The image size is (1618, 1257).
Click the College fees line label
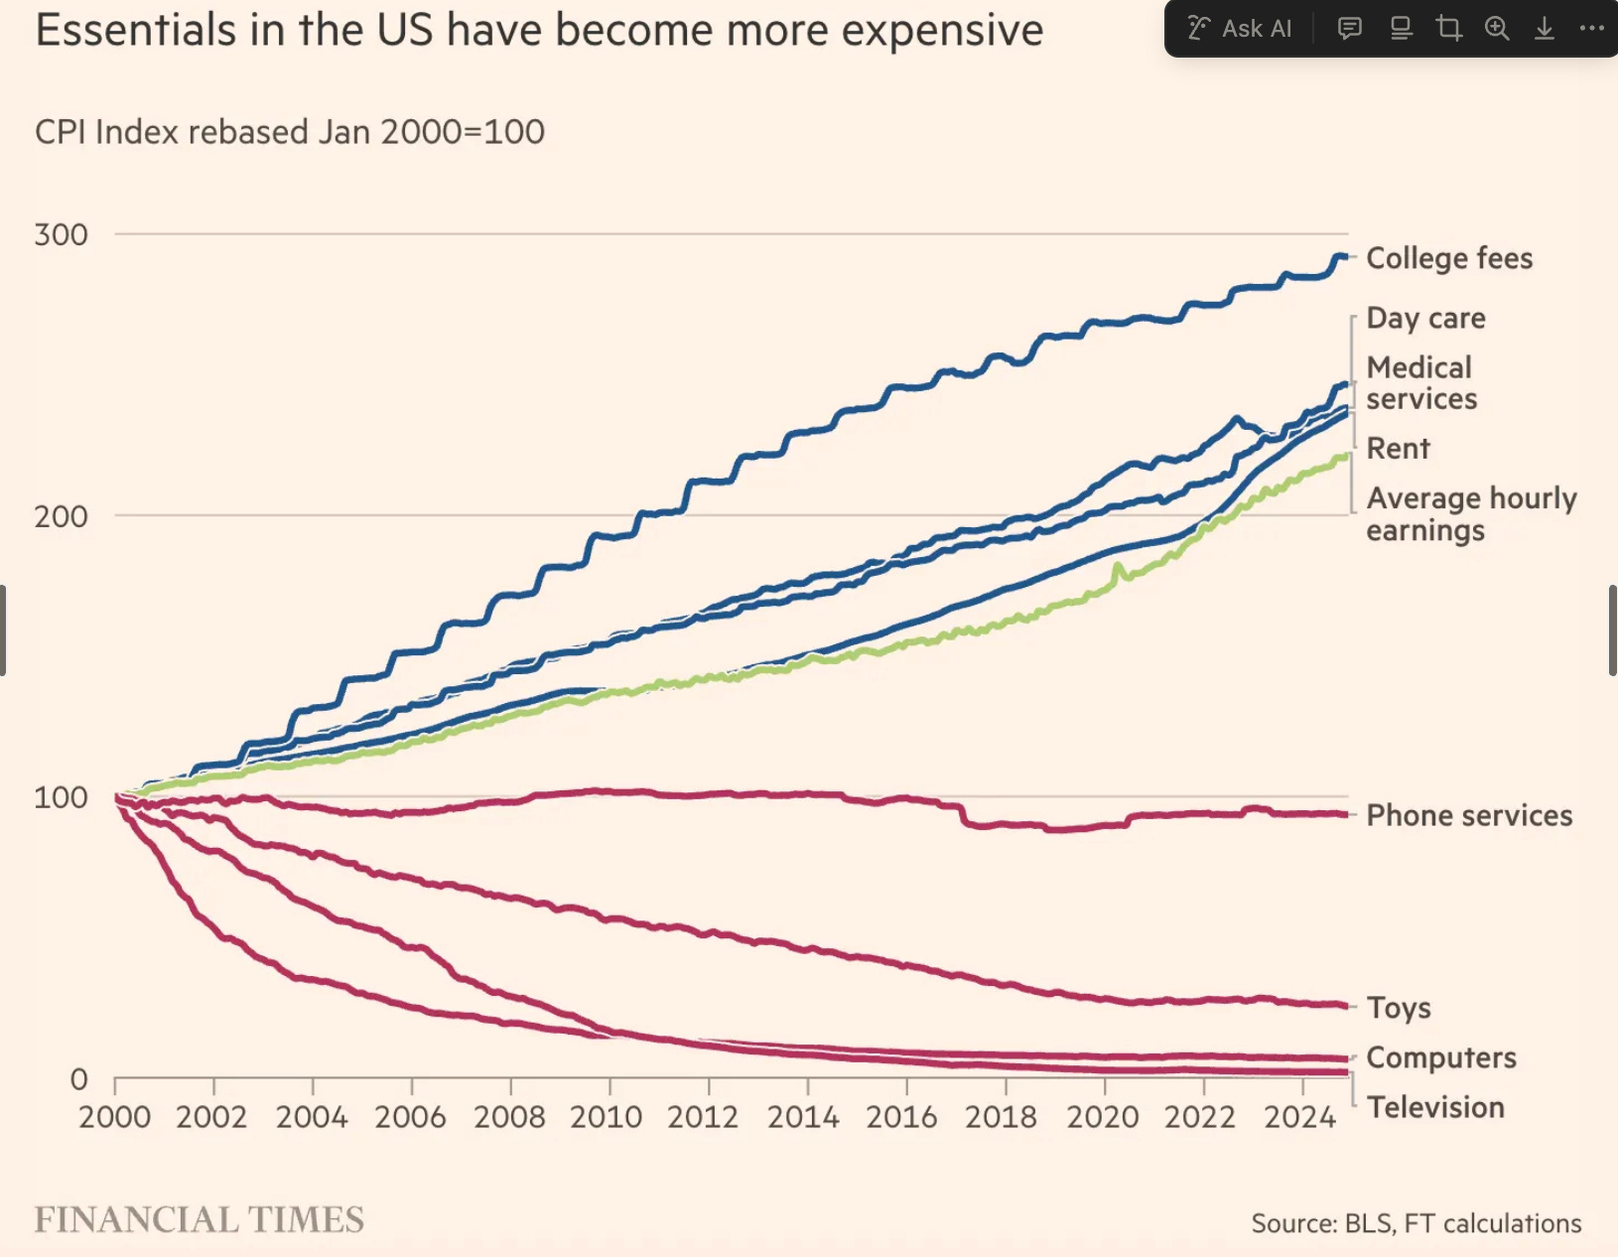click(1449, 258)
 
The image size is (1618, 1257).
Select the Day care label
click(1425, 318)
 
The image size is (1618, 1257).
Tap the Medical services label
click(1421, 383)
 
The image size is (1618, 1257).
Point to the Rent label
click(1398, 449)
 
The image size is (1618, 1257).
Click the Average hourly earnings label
click(1470, 513)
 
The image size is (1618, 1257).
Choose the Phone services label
click(1469, 815)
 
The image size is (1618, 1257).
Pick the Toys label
click(1399, 1008)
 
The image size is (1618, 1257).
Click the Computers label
click(1441, 1057)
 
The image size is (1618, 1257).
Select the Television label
click(1435, 1107)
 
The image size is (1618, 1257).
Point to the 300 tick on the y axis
click(61, 235)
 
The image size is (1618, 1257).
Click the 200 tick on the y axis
click(61, 516)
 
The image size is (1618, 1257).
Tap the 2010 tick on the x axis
click(607, 1117)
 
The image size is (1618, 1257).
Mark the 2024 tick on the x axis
click(1299, 1117)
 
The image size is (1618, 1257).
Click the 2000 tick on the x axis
click(115, 1117)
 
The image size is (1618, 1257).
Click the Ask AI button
click(1241, 29)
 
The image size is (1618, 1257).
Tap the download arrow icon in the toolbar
click(1544, 29)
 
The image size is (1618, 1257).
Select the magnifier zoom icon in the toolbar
click(1497, 29)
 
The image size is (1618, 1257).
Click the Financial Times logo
click(200, 1220)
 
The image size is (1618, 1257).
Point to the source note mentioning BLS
click(1416, 1223)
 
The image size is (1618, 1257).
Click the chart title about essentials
click(539, 30)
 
